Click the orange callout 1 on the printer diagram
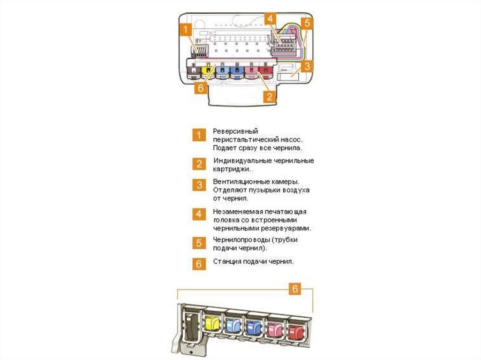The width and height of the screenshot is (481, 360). tap(186, 29)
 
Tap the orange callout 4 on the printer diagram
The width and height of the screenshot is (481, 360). tap(270, 19)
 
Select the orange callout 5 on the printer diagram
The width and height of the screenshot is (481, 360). tap(307, 23)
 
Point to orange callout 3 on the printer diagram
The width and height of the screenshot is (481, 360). tap(307, 66)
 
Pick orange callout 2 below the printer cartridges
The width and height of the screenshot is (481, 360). tap(269, 97)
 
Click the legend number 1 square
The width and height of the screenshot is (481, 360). tap(199, 135)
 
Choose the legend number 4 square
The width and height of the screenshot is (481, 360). tap(199, 214)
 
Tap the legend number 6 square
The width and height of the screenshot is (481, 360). tap(199, 263)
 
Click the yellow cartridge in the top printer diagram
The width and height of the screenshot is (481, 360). tap(207, 71)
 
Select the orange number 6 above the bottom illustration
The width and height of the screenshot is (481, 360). tap(295, 289)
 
